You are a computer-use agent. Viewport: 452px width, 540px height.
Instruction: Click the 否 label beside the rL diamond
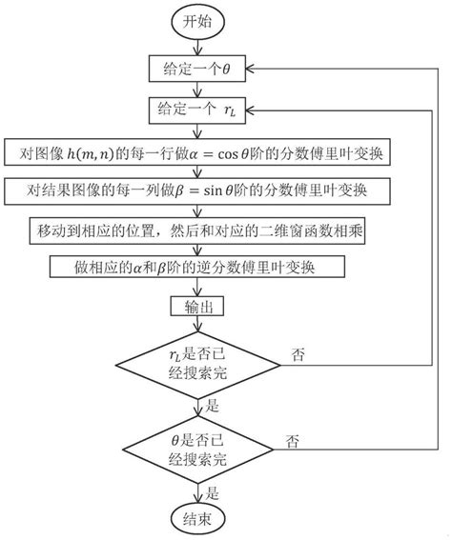298,354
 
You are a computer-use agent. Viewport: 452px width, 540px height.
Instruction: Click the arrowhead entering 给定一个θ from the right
255,68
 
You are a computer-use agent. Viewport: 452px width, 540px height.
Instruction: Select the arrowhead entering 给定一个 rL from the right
255,110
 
